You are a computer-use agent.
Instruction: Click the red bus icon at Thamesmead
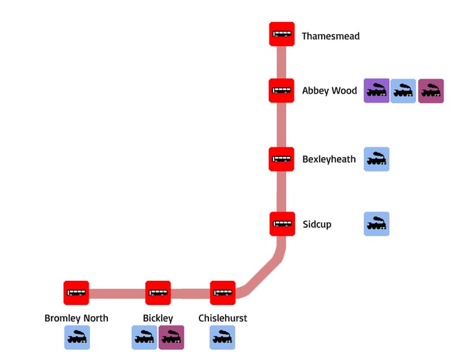pos(281,35)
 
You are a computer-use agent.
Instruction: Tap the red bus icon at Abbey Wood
pos(281,90)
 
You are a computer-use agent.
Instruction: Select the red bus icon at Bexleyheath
pos(281,159)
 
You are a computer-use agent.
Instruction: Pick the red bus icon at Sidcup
pos(282,224)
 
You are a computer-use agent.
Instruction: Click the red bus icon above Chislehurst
pos(223,293)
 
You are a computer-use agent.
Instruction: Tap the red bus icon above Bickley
pos(158,293)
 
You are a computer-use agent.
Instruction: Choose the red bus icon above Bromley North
pos(76,293)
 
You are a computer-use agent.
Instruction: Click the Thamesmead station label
pos(330,36)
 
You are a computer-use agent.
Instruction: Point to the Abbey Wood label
pos(329,91)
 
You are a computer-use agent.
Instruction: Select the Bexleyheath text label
pos(329,160)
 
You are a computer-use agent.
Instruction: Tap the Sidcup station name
pos(316,224)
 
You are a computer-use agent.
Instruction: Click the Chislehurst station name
pos(223,318)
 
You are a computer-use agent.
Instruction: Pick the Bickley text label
pos(158,318)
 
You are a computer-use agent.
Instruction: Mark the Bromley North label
pos(76,318)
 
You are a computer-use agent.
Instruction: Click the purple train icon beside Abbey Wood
pos(376,91)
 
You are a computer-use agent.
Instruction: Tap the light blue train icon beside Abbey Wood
pos(403,91)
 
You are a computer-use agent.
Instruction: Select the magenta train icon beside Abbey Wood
pos(430,91)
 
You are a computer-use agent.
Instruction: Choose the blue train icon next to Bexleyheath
pos(376,159)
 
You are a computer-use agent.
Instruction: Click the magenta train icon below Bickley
pos(171,337)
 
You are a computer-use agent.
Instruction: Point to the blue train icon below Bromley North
pos(77,337)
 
